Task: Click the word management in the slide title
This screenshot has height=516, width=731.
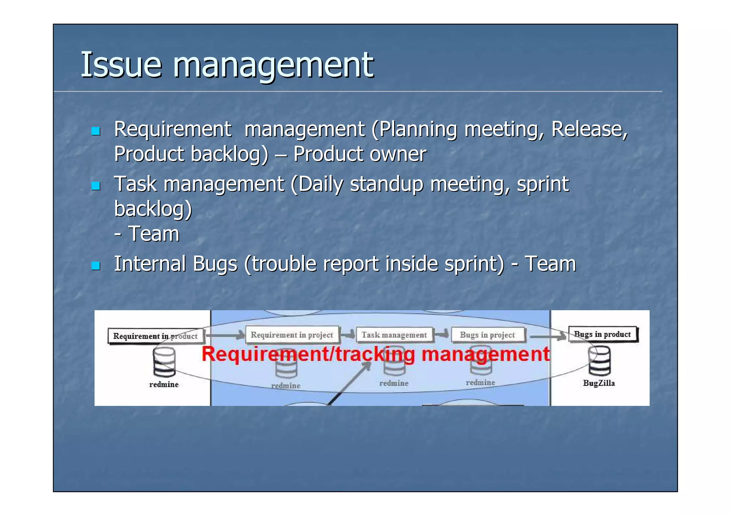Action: [x=273, y=65]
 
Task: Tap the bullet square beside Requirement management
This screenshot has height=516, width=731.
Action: [x=96, y=131]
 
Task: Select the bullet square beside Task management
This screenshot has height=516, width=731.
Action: [x=96, y=186]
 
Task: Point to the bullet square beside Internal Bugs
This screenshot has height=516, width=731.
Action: [x=96, y=266]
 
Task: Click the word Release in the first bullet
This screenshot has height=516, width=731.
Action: [x=589, y=129]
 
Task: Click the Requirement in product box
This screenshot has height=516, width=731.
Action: [x=156, y=336]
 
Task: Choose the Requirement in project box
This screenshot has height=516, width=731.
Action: [x=292, y=335]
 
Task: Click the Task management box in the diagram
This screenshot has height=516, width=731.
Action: [x=394, y=335]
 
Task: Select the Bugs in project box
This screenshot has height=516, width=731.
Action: [x=488, y=335]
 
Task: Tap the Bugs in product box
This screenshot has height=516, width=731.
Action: [x=603, y=334]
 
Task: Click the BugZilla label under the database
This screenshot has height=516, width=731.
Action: [x=599, y=383]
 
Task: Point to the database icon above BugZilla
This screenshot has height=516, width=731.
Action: [x=599, y=361]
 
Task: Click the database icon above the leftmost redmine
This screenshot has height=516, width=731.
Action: [x=164, y=362]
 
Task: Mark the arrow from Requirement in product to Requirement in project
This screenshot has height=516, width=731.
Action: [x=225, y=335]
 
